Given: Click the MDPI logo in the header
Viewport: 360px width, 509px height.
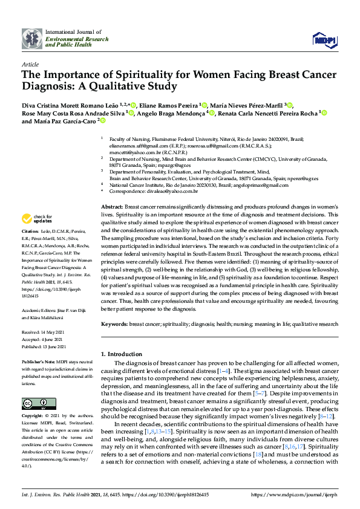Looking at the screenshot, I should pos(323,40).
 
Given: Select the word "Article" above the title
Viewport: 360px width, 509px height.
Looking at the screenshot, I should pos(30,63).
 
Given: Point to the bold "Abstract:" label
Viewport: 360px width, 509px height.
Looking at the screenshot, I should pos(113,207).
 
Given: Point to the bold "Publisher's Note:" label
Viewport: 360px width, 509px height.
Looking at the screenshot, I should pos(38,361).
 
